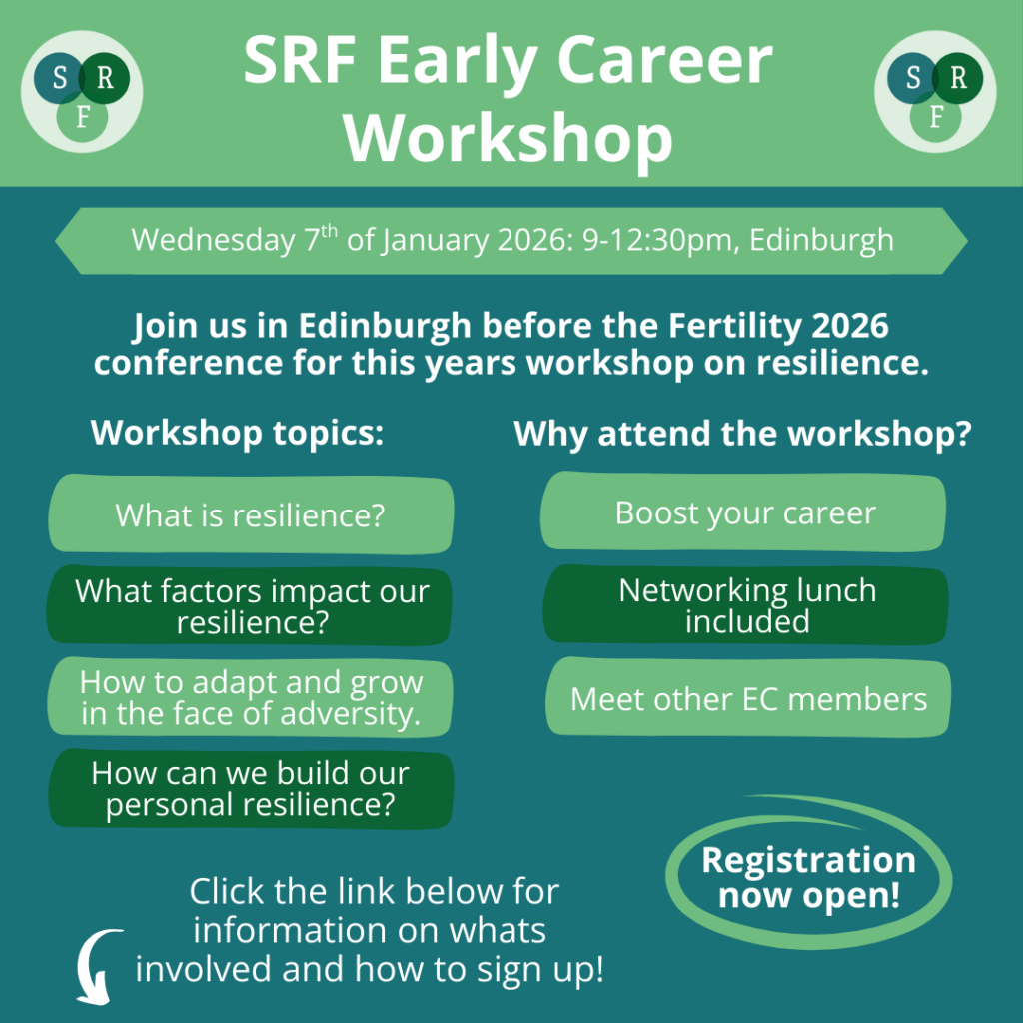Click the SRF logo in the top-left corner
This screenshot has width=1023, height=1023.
pos(82,91)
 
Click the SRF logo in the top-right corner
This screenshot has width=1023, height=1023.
pos(935,91)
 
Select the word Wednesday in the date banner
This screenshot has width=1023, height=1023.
pos(213,240)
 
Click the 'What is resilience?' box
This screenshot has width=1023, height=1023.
pos(251,514)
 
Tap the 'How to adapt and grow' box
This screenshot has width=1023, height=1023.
pos(250,696)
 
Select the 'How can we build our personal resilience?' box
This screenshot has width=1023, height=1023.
pos(251,789)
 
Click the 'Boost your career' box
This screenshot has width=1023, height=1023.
pos(743,511)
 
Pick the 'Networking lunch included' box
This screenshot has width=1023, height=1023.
pos(745,604)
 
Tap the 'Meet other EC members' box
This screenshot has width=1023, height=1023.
pos(747,697)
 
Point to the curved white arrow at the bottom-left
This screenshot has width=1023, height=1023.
pos(83,959)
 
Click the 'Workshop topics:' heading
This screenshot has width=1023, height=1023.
pos(237,433)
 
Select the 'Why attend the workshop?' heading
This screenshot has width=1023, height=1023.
pos(742,434)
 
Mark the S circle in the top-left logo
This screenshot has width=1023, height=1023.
pos(58,78)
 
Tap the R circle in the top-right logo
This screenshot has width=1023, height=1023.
pos(957,78)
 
